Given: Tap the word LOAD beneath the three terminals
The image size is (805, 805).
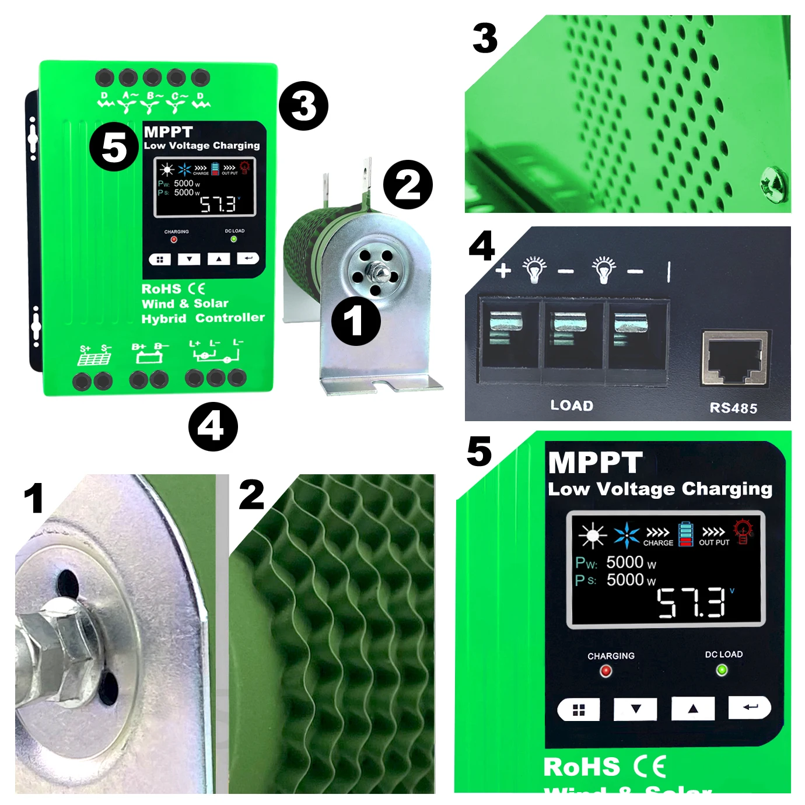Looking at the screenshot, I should (x=572, y=405).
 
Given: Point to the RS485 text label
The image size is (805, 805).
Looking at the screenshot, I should (x=733, y=408).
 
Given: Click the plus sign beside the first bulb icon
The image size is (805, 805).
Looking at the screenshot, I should (x=503, y=270).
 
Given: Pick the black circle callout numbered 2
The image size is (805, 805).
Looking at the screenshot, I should (x=408, y=185).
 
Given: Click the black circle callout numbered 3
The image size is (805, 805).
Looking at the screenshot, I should (x=303, y=106).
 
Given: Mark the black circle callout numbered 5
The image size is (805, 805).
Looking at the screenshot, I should (x=114, y=146).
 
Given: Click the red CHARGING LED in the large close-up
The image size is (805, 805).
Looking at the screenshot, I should (x=606, y=671).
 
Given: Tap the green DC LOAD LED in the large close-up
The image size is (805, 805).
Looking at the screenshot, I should (x=722, y=670).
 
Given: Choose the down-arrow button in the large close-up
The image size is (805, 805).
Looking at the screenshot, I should (x=635, y=709).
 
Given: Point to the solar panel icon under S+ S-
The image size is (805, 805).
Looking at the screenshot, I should (x=94, y=358).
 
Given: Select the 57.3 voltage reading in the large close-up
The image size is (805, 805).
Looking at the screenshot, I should (x=692, y=603).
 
